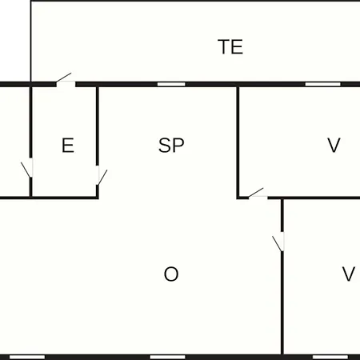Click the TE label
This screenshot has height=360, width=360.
coord(230,46)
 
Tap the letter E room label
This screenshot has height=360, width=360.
coord(68,146)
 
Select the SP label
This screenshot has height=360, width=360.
coord(171,146)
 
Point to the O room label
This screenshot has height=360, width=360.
coord(171,274)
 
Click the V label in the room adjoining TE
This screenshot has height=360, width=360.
coord(334,146)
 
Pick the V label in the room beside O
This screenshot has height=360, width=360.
coord(349,274)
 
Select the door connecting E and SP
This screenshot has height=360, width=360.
coord(102,175)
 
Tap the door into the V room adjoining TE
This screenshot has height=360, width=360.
coord(258,194)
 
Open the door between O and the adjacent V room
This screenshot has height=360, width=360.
coord(278,242)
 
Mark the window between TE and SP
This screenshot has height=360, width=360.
coord(171,84)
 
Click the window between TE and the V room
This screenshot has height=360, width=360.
coord(322,84)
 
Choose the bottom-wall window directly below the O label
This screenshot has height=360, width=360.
coord(167,357)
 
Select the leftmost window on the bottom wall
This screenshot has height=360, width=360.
coord(27,357)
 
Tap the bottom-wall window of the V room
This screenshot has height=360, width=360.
coord(330,357)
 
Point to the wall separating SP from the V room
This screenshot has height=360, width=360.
coord(238,142)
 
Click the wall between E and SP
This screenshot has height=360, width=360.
coord(98,126)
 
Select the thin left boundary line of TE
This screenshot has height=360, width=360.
coord(31,42)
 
